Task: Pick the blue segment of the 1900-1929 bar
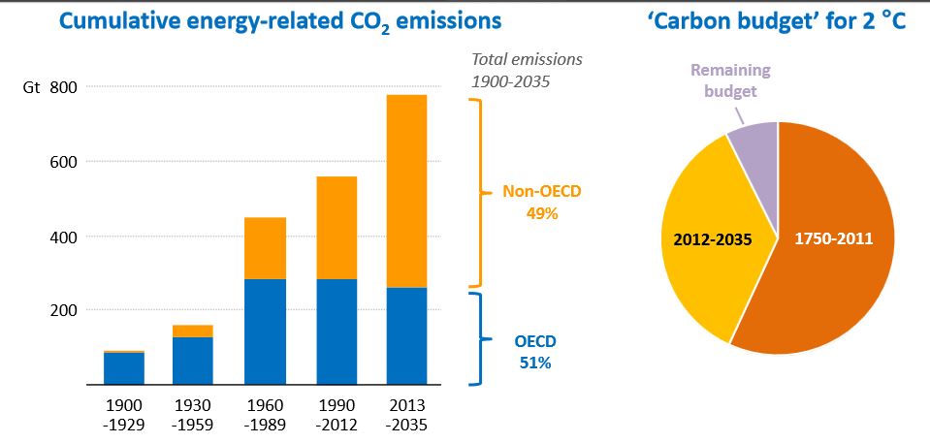coord(124,367)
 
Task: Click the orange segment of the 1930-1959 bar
coord(192,331)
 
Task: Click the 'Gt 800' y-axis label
coord(50,87)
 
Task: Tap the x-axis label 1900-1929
coord(124,412)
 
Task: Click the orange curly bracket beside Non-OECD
coord(478,193)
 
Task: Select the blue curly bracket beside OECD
coord(478,338)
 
